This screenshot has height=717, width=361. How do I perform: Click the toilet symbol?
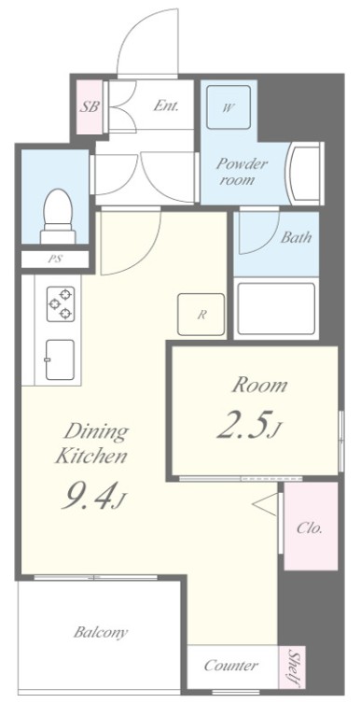58,216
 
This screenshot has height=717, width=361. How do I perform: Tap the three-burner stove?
61,304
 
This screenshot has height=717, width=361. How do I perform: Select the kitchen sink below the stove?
60,359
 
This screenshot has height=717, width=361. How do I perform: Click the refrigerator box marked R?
201,314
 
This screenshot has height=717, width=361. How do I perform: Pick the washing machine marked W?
228,107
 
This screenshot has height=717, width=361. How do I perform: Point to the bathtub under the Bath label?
276,309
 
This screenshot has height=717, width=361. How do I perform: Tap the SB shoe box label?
89,107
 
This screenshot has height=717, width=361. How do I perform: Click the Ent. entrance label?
165,106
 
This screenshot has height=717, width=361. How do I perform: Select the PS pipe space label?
55,260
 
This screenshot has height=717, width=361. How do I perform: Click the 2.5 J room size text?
248,426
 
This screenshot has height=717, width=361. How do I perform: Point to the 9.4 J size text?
93,497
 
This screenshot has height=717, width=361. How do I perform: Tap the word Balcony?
101,632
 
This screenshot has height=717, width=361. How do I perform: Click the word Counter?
230,665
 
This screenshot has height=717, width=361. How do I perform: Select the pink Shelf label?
293,668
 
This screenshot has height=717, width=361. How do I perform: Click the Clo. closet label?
310,528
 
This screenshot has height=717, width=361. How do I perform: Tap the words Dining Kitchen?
90,443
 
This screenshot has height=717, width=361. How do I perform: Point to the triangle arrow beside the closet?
265,505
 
